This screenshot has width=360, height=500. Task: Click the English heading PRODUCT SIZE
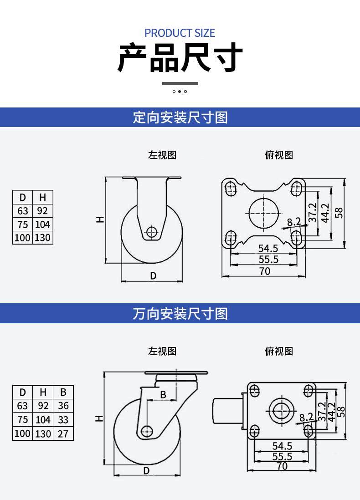(180, 33)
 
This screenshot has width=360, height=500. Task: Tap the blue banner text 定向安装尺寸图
(180, 117)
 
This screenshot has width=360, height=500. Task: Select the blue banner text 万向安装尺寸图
(180, 313)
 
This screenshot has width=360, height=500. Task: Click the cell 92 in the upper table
(42, 211)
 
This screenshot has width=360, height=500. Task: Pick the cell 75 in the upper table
(23, 224)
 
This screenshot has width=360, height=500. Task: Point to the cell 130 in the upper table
(42, 238)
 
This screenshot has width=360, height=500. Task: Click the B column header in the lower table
(63, 392)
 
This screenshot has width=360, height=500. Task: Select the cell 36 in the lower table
(63, 406)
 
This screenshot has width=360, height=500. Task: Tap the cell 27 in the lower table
(63, 434)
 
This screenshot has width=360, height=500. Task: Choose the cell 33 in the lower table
(63, 420)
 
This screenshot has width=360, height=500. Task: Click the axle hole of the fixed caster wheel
(152, 231)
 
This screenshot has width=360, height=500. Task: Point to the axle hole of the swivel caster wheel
(147, 431)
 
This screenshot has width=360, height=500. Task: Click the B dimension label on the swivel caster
(163, 394)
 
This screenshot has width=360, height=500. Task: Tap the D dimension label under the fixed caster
(153, 276)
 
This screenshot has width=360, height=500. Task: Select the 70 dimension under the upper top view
(265, 271)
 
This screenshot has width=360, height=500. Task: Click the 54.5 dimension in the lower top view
(282, 446)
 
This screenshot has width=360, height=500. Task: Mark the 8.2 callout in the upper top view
(294, 222)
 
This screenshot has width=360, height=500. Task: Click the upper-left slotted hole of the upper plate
(231, 188)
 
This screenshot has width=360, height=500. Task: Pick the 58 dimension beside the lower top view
(341, 412)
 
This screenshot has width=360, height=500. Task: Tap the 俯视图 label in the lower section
(279, 351)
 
